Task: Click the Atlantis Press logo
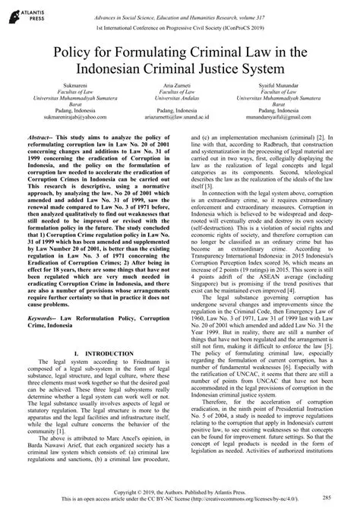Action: tap(23, 14)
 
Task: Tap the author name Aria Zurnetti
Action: tap(180, 98)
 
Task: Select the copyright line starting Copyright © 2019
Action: tap(179, 490)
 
